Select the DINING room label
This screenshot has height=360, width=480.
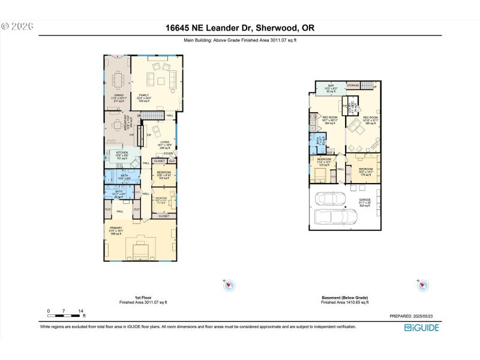tap(119, 95)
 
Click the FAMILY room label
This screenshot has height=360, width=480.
tap(145, 95)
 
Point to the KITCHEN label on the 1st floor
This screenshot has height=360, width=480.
tap(122, 153)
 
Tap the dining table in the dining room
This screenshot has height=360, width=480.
tap(119, 79)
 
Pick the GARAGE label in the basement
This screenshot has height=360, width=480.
tap(365, 199)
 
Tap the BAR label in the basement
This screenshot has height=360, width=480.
tap(331, 86)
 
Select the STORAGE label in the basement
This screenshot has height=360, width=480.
tap(353, 86)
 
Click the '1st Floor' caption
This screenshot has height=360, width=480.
tap(143, 298)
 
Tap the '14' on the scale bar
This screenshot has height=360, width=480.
tap(80, 311)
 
